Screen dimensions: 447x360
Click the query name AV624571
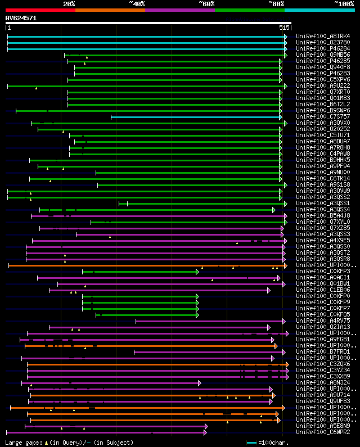tap(21, 18)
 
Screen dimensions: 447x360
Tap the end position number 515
tap(284, 28)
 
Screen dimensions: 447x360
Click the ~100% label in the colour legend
tap(344, 3)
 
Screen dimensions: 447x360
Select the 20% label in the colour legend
tap(69, 3)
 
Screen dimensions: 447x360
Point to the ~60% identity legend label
tap(206, 3)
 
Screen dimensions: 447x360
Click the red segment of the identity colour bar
tap(39, 10)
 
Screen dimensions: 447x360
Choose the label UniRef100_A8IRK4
tap(323, 37)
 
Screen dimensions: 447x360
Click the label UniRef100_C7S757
tap(323, 117)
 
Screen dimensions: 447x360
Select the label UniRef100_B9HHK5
tap(323, 160)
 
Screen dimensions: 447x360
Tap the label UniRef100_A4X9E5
tap(323, 241)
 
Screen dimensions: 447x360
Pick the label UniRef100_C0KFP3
tap(323, 272)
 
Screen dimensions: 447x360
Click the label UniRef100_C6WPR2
tap(323, 432)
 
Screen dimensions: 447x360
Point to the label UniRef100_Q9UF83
tap(323, 401)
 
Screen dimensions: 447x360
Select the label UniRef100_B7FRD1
tap(323, 352)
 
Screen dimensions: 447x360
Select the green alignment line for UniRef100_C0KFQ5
tap(146, 315)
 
